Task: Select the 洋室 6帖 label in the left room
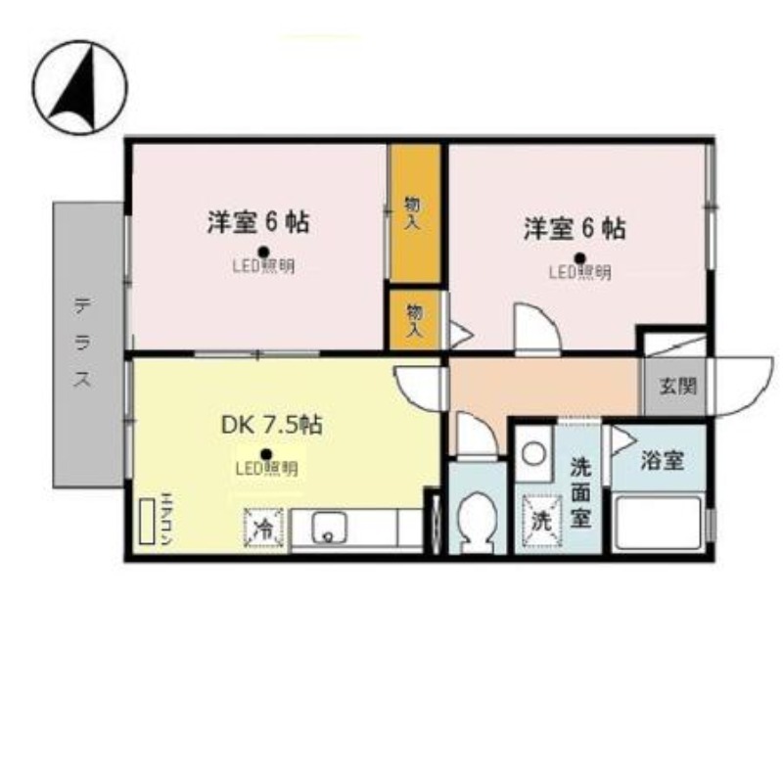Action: [258, 223]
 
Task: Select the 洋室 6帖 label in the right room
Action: [575, 229]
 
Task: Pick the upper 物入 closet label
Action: [413, 213]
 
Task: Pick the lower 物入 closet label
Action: [414, 321]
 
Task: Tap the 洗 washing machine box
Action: [540, 518]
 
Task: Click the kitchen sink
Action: [329, 530]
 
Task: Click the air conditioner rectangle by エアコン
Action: [148, 525]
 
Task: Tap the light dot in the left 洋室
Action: [262, 251]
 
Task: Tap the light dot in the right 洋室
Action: [579, 258]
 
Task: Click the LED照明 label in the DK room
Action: [266, 469]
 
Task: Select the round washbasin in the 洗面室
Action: [532, 454]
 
